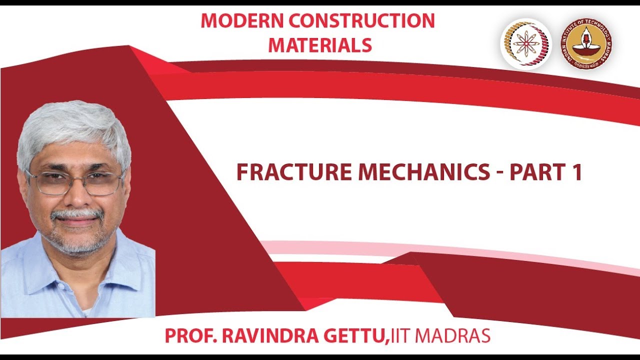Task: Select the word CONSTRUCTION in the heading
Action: [x=363, y=20]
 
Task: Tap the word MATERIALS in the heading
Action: [x=320, y=45]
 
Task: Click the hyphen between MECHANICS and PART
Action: [x=500, y=173]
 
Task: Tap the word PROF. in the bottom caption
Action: [x=190, y=336]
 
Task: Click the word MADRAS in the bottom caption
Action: [x=454, y=336]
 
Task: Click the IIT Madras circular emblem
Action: [x=586, y=44]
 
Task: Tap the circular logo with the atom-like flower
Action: [x=526, y=44]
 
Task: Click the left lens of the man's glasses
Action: [x=48, y=183]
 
